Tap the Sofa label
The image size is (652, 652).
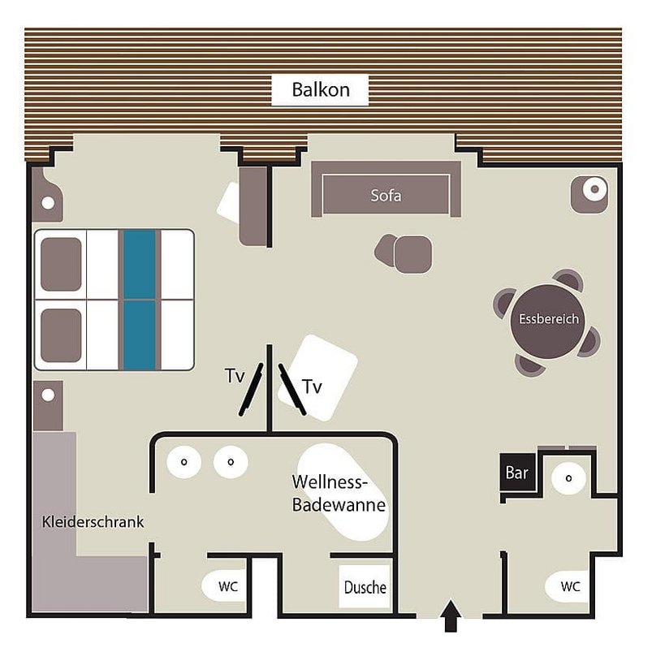386,196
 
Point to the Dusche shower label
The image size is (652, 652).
365,587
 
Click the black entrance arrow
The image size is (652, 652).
452,616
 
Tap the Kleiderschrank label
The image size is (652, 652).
93,522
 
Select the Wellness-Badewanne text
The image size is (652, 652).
339,493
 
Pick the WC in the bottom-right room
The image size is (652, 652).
570,586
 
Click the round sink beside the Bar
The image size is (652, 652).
568,477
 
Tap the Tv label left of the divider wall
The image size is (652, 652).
234,376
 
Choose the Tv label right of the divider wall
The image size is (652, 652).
312,388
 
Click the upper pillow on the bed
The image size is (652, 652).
61,264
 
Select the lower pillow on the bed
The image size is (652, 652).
61,335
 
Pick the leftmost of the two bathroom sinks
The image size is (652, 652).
184,462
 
